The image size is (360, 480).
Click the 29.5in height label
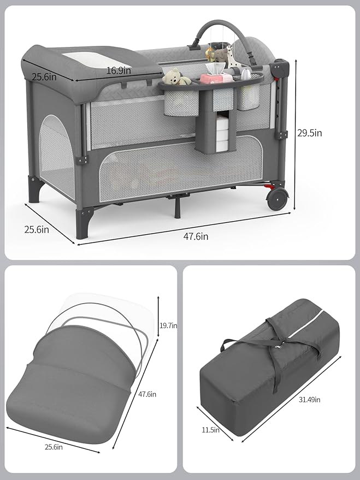click(324, 133)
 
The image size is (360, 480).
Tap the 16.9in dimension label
click(119, 70)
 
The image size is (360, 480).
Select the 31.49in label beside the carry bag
click(309, 400)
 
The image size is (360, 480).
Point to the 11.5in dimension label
click(210, 430)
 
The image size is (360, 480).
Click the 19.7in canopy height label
click(168, 325)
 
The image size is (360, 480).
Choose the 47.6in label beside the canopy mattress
click(147, 394)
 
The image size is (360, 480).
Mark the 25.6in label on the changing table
click(44, 77)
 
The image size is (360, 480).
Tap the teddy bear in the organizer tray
click(174, 77)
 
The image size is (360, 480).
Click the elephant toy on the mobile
click(220, 56)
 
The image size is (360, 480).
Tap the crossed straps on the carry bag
click(276, 346)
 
